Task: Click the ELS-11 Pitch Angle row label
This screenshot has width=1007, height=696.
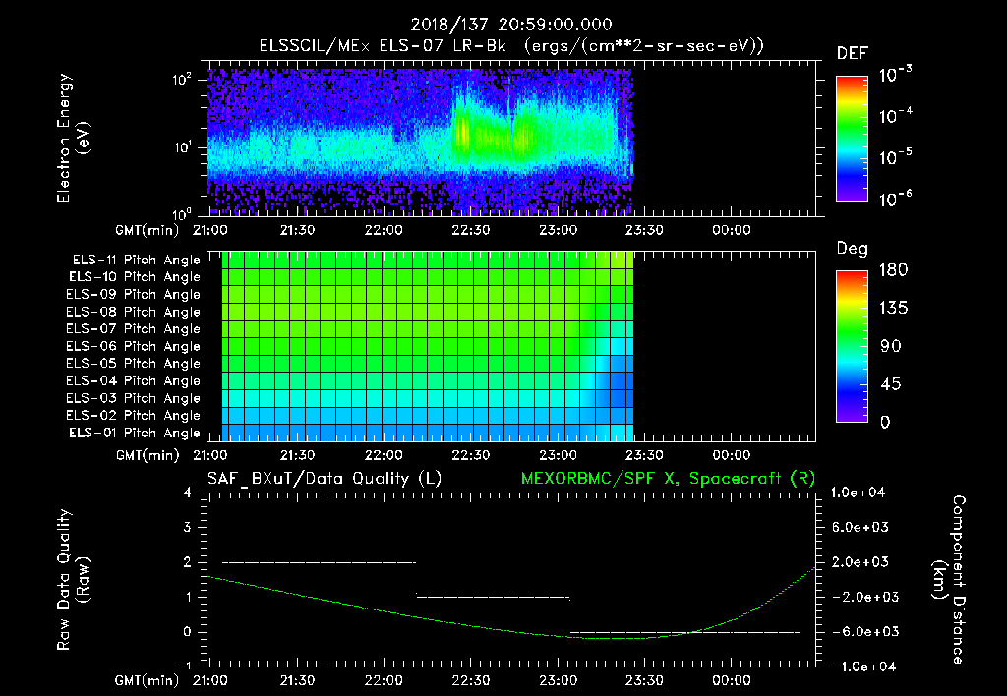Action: click(x=133, y=260)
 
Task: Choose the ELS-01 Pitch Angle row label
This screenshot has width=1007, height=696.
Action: click(x=133, y=433)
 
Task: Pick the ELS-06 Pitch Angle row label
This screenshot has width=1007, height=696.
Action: click(x=133, y=346)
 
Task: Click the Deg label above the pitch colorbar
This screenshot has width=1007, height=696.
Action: click(x=852, y=250)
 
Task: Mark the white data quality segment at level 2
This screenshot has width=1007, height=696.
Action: click(x=320, y=562)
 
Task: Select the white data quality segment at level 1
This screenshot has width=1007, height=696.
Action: click(x=494, y=597)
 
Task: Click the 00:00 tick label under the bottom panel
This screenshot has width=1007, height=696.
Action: click(x=732, y=679)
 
